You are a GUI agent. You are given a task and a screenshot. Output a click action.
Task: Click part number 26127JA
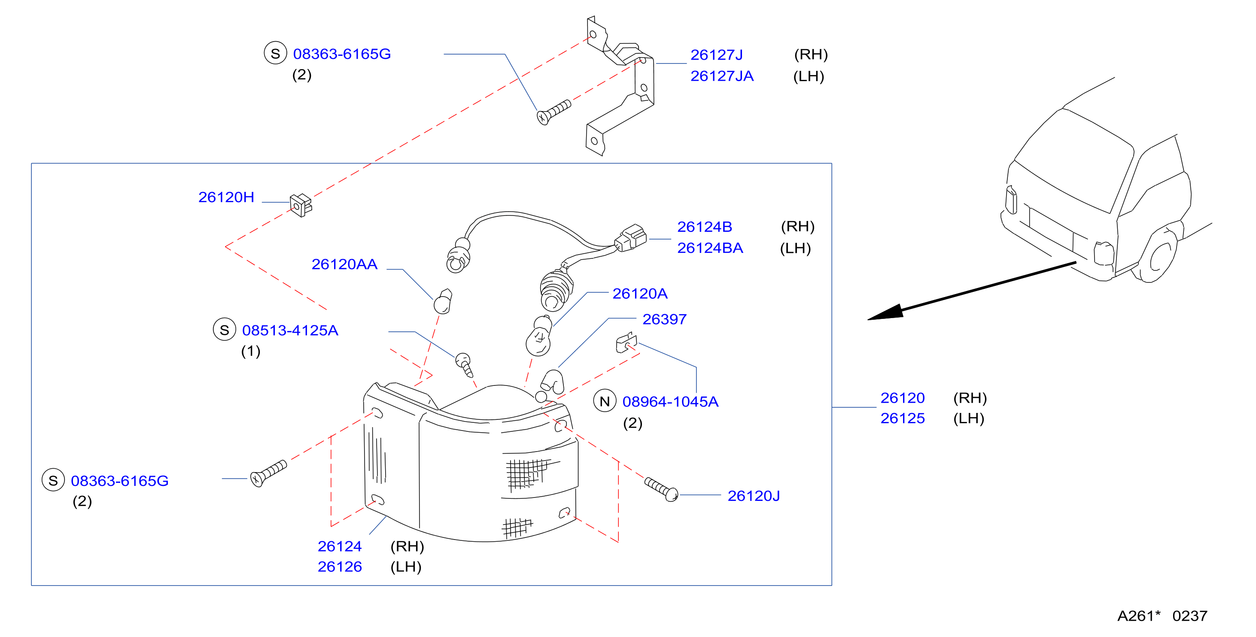722,76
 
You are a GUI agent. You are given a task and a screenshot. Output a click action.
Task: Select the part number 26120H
226,197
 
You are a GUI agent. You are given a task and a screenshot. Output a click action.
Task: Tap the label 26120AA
344,264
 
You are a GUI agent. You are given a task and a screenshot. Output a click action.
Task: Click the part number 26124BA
710,248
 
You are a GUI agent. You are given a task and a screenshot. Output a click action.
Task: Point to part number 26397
664,319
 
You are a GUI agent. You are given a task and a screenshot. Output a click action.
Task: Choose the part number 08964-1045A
670,402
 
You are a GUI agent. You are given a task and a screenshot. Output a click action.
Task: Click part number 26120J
753,496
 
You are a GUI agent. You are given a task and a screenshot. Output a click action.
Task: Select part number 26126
340,566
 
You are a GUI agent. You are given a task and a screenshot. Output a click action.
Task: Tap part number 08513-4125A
290,331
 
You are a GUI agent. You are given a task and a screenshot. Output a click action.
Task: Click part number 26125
903,418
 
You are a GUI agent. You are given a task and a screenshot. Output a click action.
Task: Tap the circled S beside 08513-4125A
224,330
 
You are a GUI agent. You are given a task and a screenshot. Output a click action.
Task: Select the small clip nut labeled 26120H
300,205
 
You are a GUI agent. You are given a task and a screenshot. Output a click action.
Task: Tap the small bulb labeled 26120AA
443,301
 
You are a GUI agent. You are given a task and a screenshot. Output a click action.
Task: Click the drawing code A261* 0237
1162,616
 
